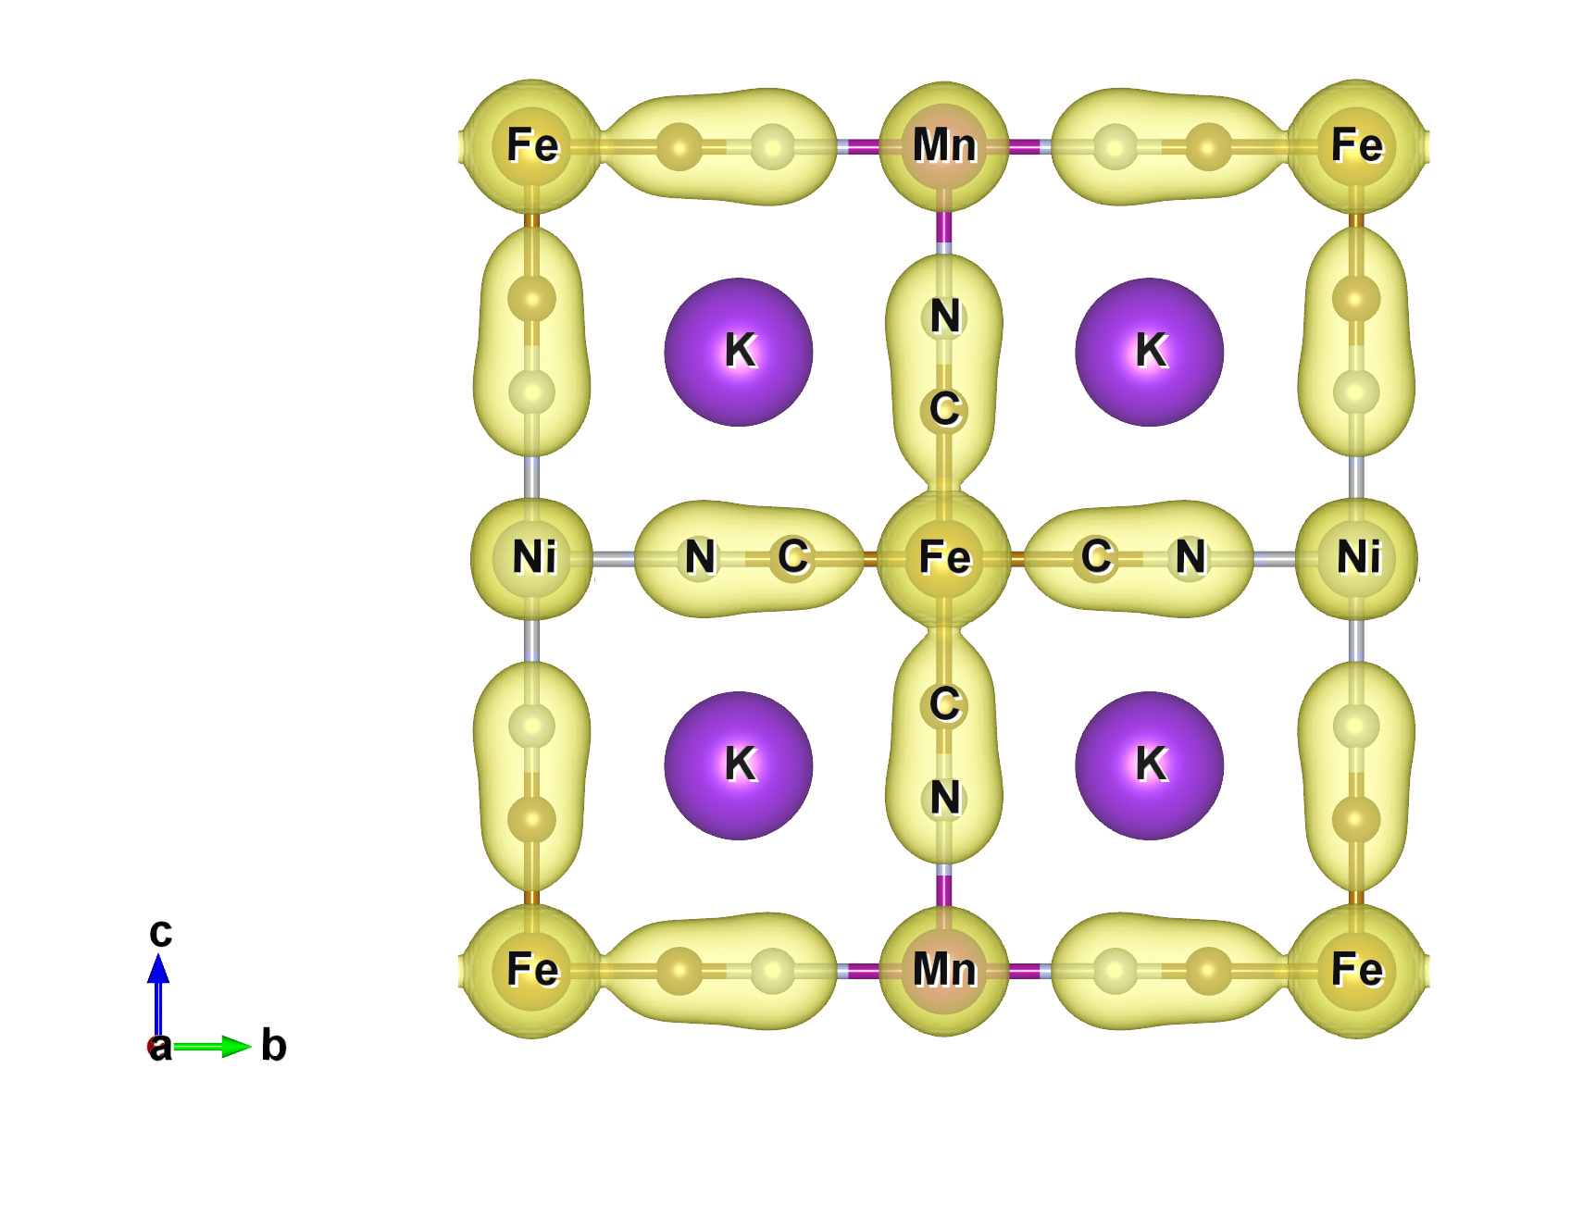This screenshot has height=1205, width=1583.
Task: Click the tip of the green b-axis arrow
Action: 252,1047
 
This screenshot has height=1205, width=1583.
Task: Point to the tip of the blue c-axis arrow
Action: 158,953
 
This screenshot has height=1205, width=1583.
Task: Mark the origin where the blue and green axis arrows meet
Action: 158,1047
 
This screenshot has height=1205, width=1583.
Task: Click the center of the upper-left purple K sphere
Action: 739,352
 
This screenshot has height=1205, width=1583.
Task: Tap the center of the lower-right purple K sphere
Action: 1150,765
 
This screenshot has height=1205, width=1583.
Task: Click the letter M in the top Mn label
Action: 930,145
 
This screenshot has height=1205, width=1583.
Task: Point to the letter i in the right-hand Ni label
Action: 1375,557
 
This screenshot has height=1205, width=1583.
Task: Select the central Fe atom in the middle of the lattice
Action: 944,558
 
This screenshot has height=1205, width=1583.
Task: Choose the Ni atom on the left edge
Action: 532,558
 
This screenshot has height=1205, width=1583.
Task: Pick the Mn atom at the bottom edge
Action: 944,971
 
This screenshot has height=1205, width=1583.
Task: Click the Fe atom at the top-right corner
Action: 1356,145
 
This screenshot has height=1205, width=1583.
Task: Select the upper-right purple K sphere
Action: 1150,352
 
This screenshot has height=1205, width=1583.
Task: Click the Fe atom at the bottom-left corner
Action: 532,971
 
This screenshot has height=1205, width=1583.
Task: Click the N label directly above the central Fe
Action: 945,317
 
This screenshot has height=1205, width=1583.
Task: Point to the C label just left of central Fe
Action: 793,557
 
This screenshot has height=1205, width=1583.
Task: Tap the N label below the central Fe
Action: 945,798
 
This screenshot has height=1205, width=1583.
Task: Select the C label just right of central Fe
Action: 1097,557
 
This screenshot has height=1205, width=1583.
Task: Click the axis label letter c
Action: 160,932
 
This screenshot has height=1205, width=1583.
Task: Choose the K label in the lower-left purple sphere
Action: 741,764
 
